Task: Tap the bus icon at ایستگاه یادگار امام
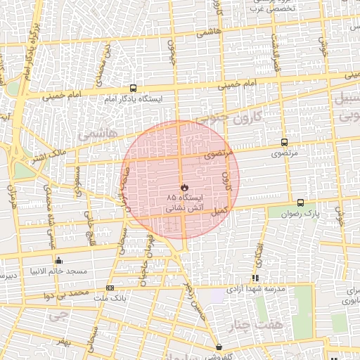pos(133,89)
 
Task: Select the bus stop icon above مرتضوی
pos(284,141)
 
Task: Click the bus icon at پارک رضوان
pos(301,202)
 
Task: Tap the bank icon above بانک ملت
pos(110,288)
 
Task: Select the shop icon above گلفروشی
pos(219,347)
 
